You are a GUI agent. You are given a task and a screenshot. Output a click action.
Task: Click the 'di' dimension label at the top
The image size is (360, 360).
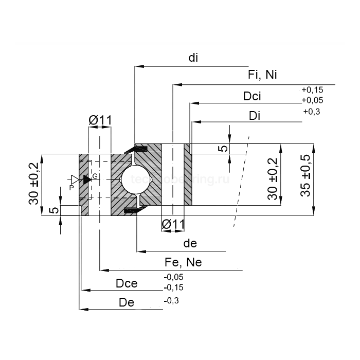point(193,58)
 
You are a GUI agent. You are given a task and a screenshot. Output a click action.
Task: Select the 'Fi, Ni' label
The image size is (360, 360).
point(262,75)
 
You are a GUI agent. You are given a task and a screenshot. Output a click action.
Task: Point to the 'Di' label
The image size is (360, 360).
point(255,116)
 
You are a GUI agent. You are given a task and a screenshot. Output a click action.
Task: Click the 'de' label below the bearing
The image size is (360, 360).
point(190,243)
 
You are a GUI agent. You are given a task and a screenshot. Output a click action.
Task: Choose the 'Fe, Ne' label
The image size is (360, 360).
point(183,262)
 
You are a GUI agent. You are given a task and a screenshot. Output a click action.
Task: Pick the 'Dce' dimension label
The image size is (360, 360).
point(127,283)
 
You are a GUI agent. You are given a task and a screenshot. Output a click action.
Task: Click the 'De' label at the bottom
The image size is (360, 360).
point(126,302)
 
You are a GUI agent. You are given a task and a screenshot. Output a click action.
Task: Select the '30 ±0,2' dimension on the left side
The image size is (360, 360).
point(33,184)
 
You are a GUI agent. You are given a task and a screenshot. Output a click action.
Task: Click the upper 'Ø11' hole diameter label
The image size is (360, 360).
point(100,120)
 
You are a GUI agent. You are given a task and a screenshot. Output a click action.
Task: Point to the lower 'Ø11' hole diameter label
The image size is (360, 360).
point(173,224)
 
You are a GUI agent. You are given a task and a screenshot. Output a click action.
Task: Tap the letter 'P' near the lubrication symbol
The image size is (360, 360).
point(71,188)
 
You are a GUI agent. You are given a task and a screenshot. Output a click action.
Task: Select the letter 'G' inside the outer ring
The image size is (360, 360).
point(95,176)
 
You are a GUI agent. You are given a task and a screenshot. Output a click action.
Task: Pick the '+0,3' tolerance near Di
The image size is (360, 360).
point(312,111)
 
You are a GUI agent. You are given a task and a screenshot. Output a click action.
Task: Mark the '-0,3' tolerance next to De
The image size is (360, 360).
point(171,300)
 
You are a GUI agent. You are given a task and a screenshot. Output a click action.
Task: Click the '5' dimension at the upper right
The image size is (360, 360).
point(223,149)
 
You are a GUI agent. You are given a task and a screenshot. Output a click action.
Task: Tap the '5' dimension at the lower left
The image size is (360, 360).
point(51,210)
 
